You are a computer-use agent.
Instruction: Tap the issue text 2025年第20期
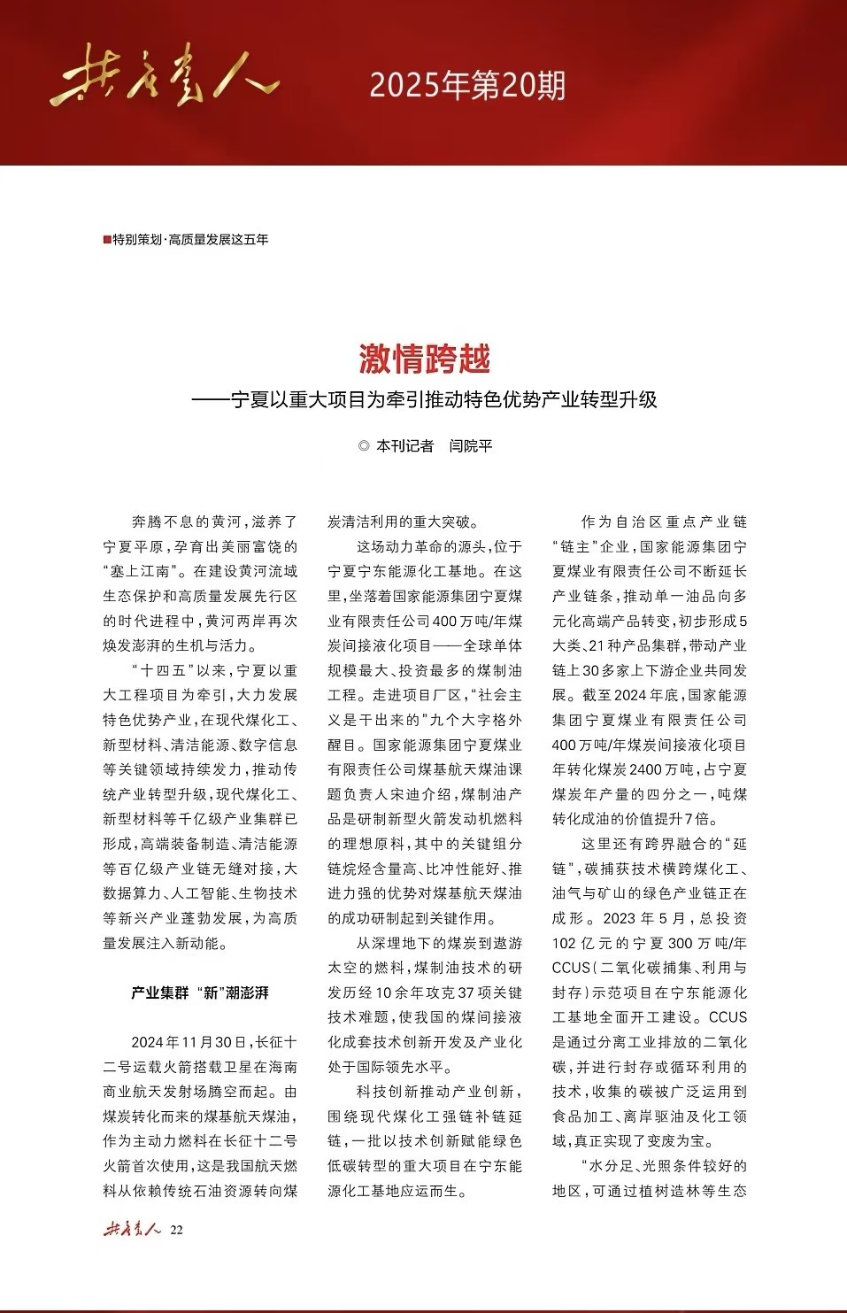[x=467, y=86]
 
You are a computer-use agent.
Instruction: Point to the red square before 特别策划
[x=107, y=240]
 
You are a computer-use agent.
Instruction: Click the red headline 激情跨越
[x=424, y=359]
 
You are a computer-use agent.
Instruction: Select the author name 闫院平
[x=470, y=446]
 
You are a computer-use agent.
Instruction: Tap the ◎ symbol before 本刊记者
[x=364, y=446]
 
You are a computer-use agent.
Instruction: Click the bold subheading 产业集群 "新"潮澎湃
[x=200, y=993]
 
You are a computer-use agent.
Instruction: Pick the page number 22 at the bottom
[x=176, y=1230]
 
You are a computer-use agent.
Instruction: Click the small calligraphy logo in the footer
[x=132, y=1229]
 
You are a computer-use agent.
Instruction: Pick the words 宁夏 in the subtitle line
[x=250, y=400]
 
